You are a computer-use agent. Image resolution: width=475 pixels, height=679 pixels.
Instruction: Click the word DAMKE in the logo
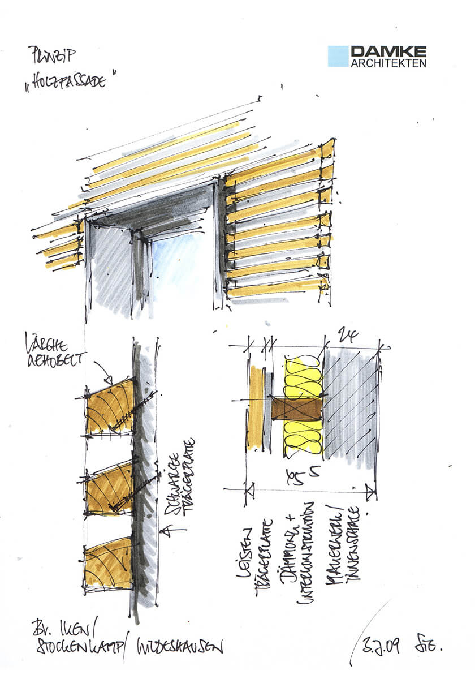point(388,51)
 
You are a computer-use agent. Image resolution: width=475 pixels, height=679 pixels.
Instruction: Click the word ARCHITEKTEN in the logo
point(388,63)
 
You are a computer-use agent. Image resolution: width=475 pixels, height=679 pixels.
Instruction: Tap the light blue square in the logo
point(338,57)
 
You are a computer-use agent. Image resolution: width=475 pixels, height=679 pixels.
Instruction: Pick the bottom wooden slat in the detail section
point(107,566)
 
